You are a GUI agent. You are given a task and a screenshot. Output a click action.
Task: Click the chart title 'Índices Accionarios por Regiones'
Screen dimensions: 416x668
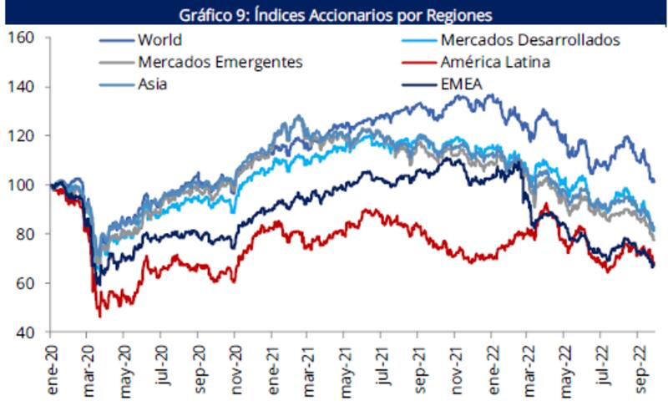click(334, 14)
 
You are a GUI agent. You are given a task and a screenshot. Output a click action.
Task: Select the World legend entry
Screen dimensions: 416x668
click(161, 39)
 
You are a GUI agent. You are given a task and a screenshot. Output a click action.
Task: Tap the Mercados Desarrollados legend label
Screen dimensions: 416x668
click(529, 39)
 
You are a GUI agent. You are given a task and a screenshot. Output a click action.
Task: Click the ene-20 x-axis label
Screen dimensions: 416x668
click(52, 368)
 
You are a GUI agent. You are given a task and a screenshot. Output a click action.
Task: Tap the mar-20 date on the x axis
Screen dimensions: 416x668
click(88, 368)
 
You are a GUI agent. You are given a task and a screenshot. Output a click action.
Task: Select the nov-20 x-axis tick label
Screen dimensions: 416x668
click(235, 368)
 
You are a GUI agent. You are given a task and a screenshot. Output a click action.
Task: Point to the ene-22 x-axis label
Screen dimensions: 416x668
click(493, 368)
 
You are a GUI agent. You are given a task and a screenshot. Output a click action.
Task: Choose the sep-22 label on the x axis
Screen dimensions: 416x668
click(639, 368)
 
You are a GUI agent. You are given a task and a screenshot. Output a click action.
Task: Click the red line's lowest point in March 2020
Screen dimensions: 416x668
click(100, 317)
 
